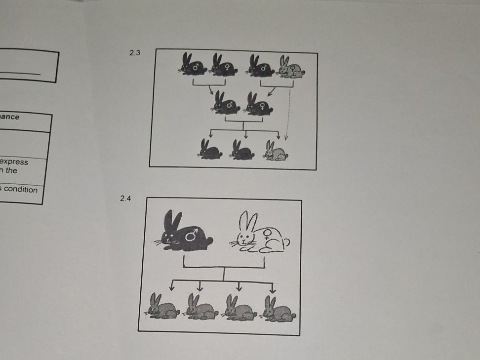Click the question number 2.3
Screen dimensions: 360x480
pos(135,53)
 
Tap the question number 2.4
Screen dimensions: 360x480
pos(126,199)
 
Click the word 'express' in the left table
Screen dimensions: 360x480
pos(14,162)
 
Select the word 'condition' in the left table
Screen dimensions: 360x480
pos(20,189)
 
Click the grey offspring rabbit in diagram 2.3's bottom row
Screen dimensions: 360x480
pos(276,151)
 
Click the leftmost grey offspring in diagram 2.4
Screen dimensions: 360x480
pos(162,308)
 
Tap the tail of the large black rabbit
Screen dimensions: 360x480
pos(209,241)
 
